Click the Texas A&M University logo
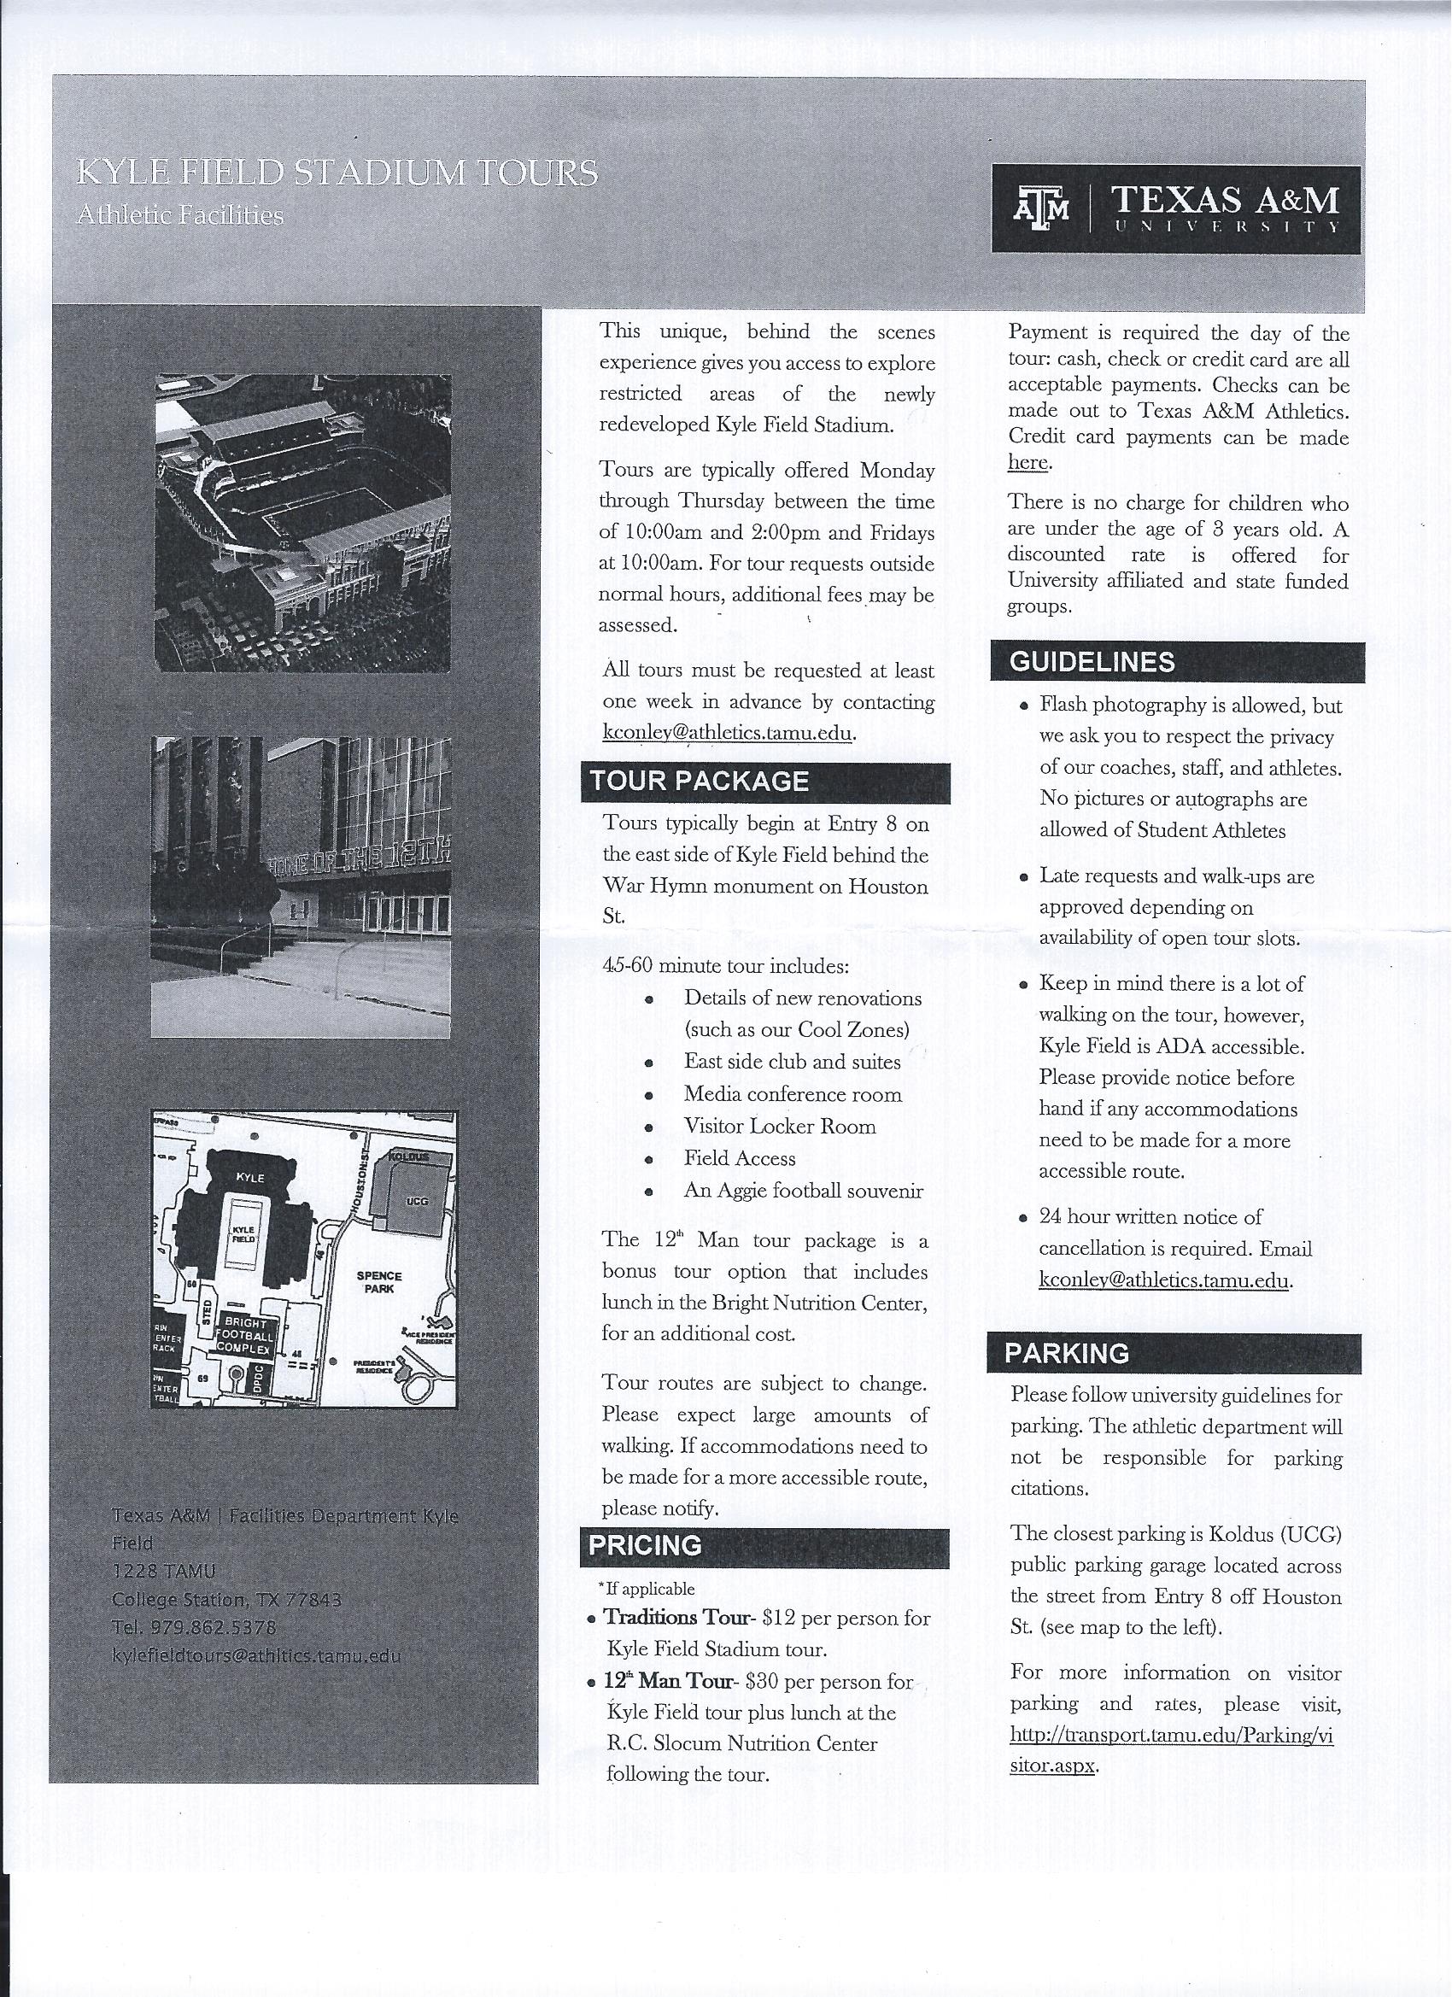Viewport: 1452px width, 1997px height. [1175, 209]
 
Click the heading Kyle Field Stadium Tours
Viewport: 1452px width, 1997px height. [337, 173]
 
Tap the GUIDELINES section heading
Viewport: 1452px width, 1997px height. [1092, 662]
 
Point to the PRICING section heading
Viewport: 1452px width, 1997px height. [646, 1545]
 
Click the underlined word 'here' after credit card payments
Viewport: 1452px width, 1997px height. [1028, 462]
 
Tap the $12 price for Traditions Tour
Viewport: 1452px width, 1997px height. [778, 1618]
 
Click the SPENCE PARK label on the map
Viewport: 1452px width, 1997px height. [379, 1281]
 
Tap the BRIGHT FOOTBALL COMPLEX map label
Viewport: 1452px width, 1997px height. [247, 1336]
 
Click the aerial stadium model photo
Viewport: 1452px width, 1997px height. [303, 523]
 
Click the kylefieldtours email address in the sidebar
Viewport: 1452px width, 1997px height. [256, 1655]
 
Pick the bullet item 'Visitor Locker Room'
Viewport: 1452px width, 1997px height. [779, 1126]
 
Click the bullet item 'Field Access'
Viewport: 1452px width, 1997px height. [740, 1159]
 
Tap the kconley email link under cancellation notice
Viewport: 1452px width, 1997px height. [1163, 1280]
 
